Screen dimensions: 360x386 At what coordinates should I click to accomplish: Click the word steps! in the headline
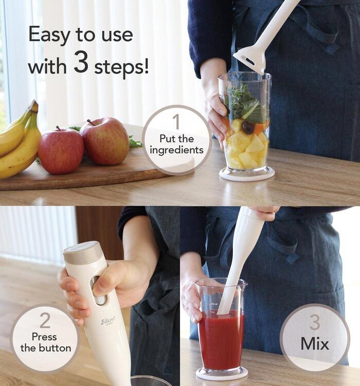click(121, 67)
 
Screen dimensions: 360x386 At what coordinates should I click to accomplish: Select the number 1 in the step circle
click(177, 121)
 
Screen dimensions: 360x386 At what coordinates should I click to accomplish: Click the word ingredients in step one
click(177, 150)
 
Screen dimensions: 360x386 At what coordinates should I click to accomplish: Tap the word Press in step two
click(44, 337)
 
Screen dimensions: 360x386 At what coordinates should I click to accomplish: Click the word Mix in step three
click(315, 343)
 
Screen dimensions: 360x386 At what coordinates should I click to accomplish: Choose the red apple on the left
click(61, 151)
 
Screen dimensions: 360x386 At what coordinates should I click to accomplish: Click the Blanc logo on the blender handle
click(108, 321)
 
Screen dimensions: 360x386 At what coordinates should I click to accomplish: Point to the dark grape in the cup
click(248, 128)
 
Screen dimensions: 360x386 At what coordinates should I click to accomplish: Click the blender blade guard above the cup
click(250, 58)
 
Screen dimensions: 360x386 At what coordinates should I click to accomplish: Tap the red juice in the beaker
click(221, 340)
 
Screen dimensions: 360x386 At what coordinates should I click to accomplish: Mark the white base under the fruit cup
click(247, 174)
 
